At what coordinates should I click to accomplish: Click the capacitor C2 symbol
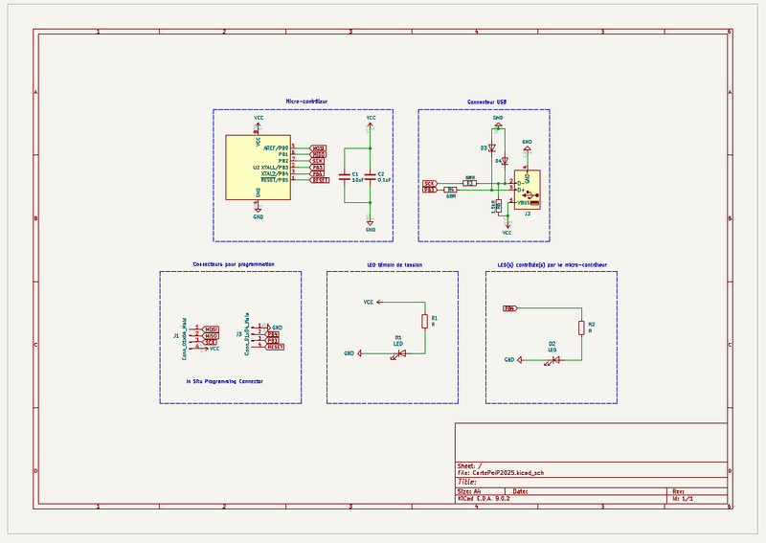(371, 175)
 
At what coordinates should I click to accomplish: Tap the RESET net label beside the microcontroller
(319, 180)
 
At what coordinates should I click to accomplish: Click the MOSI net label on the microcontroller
(319, 148)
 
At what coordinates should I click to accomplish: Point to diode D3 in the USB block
(493, 148)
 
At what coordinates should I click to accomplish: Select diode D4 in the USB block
(505, 161)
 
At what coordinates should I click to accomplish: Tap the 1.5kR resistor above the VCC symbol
(498, 205)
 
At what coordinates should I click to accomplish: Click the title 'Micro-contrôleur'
(306, 101)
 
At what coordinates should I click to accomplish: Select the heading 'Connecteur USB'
(487, 101)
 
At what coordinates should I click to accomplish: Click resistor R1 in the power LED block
(424, 321)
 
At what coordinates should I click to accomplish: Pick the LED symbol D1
(401, 353)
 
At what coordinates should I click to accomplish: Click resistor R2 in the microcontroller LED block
(580, 328)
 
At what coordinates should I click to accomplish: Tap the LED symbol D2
(554, 360)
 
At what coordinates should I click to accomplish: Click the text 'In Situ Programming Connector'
(225, 380)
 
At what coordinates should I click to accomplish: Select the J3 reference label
(238, 334)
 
